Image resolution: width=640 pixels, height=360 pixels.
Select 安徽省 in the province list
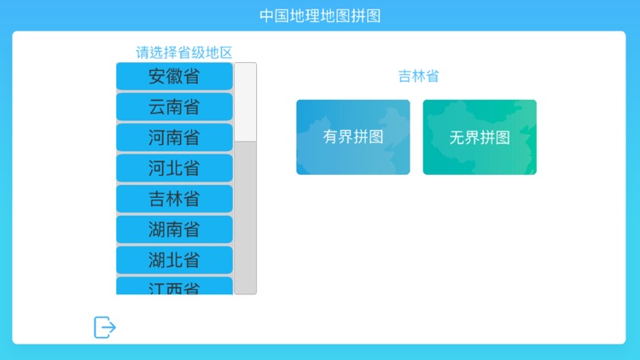tap(174, 76)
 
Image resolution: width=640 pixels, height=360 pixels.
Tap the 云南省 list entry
tap(174, 107)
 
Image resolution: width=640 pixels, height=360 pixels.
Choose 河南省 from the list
tap(174, 137)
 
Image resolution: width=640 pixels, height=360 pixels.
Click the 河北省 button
tap(174, 168)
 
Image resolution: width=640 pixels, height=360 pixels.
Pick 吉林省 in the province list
tap(174, 199)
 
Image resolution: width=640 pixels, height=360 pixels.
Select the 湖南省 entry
tap(174, 229)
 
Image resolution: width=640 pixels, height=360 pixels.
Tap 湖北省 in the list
tap(174, 260)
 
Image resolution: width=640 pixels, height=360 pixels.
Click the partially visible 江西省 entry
tap(174, 287)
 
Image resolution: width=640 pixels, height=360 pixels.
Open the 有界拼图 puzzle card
tap(352, 137)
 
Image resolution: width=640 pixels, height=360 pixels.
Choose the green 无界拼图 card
tap(480, 137)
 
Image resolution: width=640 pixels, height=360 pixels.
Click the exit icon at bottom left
tap(105, 327)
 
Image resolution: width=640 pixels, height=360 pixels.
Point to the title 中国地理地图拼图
tap(320, 15)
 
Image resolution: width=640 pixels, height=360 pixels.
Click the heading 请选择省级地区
tap(183, 52)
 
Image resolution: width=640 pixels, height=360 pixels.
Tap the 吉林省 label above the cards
tap(418, 77)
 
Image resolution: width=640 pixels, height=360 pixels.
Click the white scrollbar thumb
tap(246, 101)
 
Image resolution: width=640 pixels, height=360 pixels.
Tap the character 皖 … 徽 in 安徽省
tap(174, 76)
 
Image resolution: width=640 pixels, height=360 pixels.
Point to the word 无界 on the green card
tap(464, 137)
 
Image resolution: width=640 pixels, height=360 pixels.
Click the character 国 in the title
tap(282, 15)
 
